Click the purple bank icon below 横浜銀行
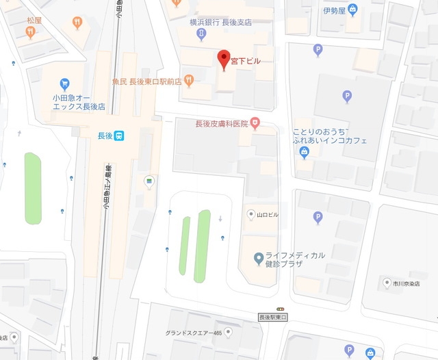(201, 34)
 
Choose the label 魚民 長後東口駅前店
(147, 81)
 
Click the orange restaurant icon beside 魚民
(188, 81)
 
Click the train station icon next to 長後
(119, 136)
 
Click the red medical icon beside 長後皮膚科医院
(255, 123)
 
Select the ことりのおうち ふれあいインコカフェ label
(330, 136)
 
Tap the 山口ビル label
(268, 214)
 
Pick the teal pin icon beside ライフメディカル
(258, 258)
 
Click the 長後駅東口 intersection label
(275, 318)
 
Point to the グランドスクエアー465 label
(194, 333)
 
